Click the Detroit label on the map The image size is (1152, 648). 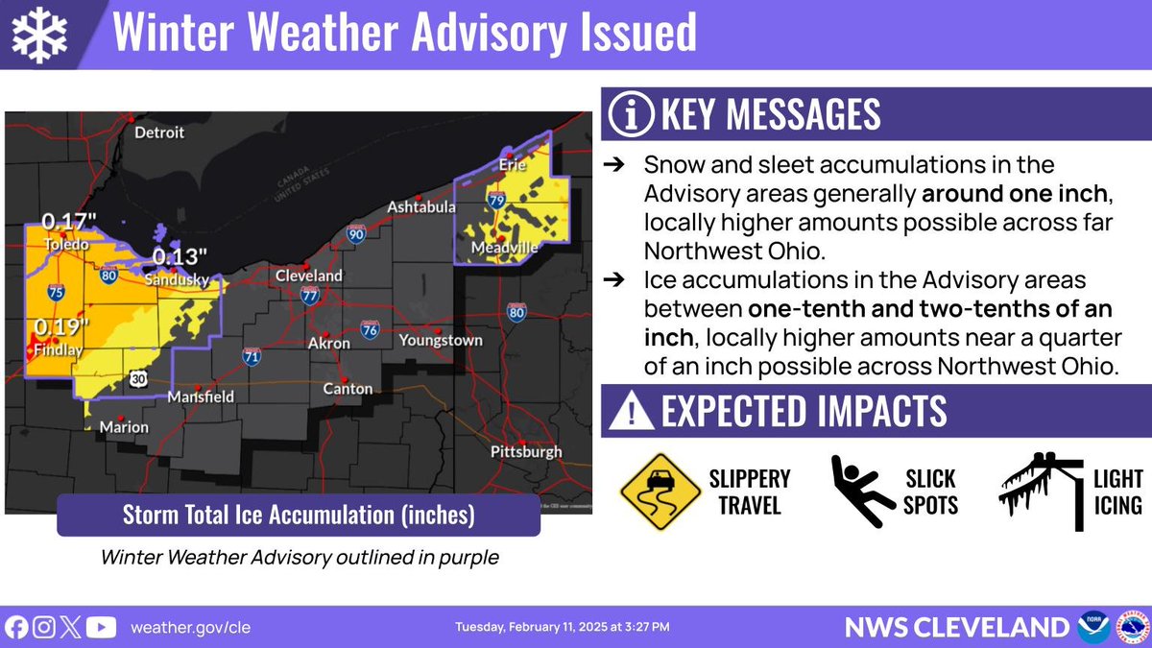point(158,132)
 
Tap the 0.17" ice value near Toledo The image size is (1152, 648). point(68,222)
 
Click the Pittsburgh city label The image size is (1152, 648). point(526,451)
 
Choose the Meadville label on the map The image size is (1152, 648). point(505,249)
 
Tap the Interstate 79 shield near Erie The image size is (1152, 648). point(496,201)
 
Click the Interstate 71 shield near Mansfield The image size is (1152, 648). point(252,356)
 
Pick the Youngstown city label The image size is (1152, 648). point(441,340)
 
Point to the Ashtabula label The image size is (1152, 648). point(420,207)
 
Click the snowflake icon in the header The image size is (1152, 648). point(38,35)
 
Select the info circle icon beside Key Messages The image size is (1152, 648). point(631,115)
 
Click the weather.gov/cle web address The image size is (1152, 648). point(190,628)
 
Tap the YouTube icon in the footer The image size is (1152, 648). point(101,628)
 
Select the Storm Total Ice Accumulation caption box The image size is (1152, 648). point(299,515)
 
